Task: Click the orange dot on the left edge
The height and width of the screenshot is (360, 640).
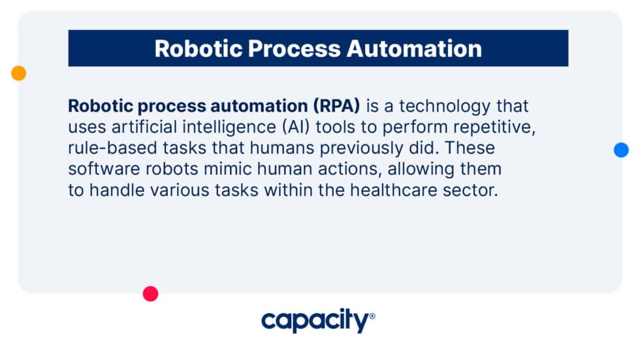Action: [18, 73]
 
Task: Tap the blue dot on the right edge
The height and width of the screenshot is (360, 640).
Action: [621, 150]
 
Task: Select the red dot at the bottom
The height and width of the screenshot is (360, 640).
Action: [150, 294]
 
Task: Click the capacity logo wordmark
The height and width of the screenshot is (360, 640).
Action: [315, 321]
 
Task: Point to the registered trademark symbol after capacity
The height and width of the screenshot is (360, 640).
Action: [372, 316]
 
